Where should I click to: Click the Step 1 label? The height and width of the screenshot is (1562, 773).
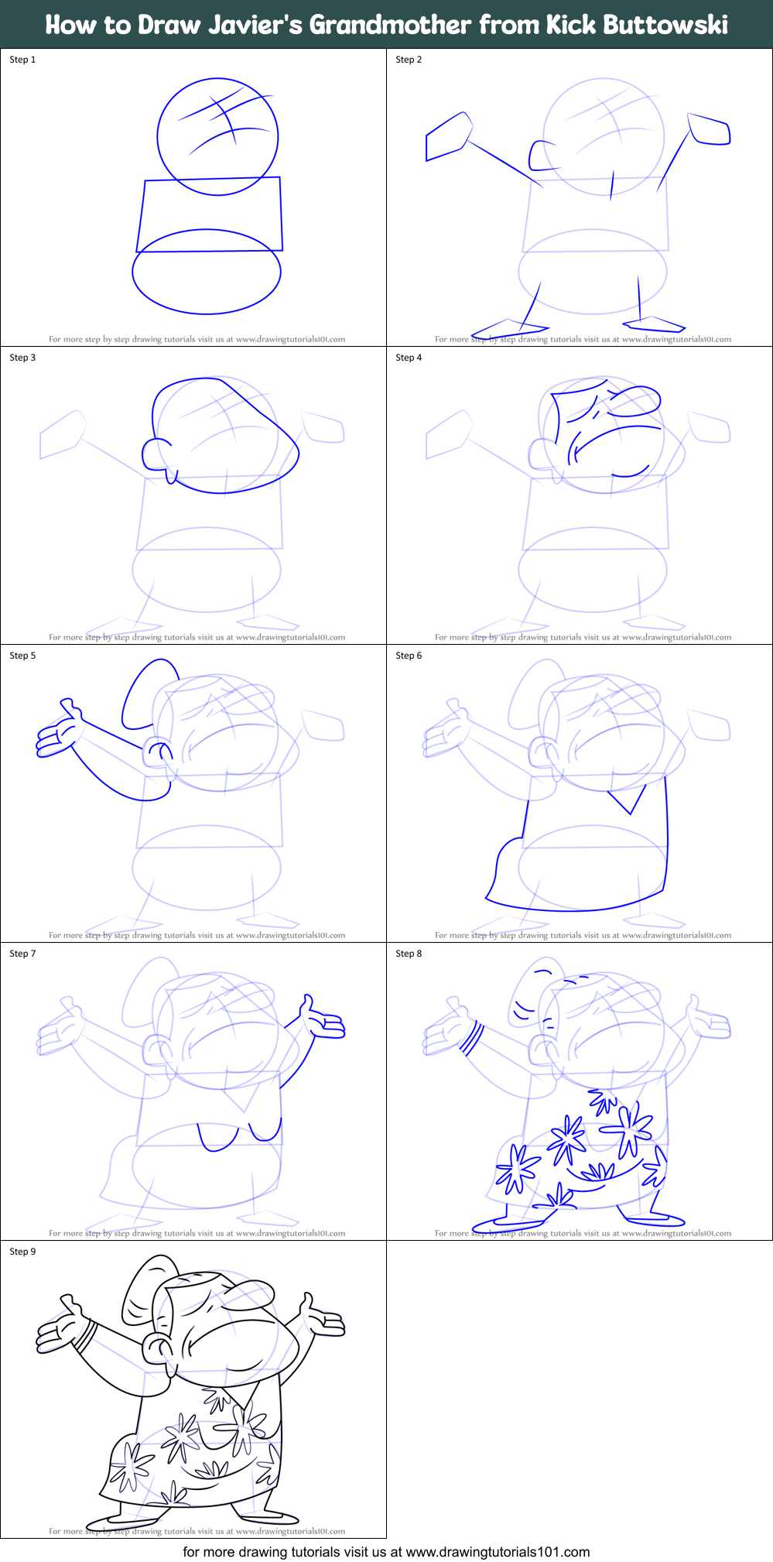[22, 60]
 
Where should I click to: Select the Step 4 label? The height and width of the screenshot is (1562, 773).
[409, 358]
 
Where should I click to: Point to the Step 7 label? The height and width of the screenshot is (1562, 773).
[22, 954]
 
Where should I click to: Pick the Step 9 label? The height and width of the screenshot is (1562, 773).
[22, 1252]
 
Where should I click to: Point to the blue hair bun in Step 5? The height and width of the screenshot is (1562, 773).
[145, 693]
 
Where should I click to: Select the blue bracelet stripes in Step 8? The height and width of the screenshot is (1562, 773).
[471, 1039]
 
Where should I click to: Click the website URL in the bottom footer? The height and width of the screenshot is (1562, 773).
[498, 1551]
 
